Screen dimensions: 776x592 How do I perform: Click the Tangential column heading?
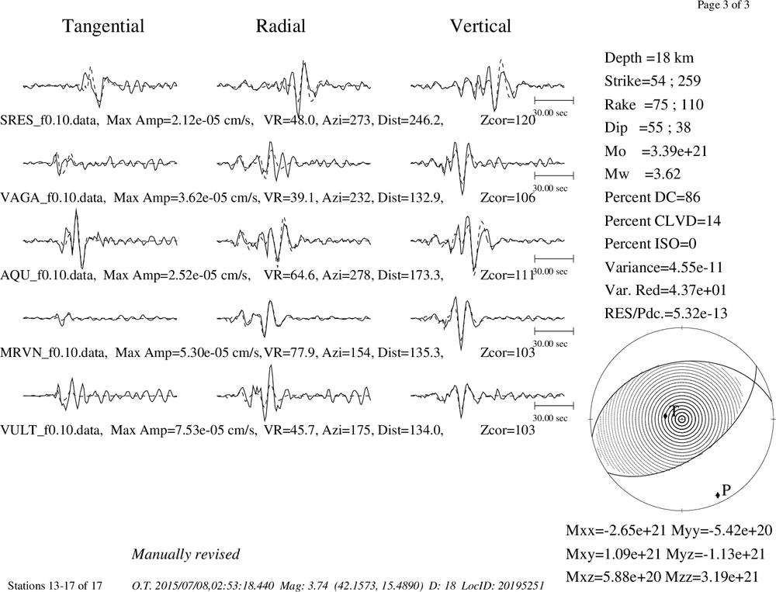tap(103, 26)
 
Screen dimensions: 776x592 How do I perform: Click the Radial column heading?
tap(281, 26)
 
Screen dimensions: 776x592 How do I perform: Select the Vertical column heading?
tap(480, 26)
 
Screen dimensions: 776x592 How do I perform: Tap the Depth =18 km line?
tap(649, 58)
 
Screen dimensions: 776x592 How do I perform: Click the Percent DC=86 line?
tap(653, 197)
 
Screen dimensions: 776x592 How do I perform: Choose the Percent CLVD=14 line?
tap(662, 220)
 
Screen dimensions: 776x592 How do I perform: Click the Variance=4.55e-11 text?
tap(663, 267)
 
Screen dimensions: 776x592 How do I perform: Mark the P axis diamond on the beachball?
tap(718, 494)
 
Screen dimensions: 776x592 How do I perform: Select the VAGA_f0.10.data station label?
tap(53, 198)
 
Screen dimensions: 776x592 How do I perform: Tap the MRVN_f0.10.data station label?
tap(54, 352)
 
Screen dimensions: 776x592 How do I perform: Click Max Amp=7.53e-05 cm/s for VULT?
tap(184, 430)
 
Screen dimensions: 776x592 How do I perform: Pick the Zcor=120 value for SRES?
tap(508, 119)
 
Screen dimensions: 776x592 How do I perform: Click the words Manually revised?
tap(185, 554)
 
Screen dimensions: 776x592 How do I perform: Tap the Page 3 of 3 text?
tap(723, 5)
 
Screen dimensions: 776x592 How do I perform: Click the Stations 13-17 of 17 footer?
tap(55, 586)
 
